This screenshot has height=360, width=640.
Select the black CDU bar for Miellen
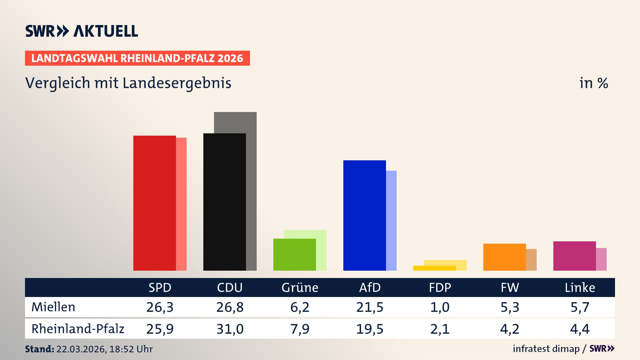(x=224, y=202)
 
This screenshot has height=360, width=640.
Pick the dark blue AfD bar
(x=364, y=215)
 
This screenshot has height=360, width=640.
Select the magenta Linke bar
(x=574, y=256)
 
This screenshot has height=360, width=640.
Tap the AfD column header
(x=370, y=287)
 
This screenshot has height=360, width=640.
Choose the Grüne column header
(x=300, y=287)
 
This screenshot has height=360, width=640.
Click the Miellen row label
(x=53, y=307)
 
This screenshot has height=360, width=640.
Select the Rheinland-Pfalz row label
(x=78, y=329)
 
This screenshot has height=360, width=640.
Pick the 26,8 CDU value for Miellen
(x=230, y=307)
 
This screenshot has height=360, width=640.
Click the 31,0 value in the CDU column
(x=230, y=329)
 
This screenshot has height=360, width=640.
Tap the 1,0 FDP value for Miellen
(x=440, y=307)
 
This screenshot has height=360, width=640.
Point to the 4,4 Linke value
(x=580, y=329)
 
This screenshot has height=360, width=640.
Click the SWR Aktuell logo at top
(x=82, y=31)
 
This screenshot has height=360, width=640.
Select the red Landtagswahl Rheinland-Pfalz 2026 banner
(x=137, y=58)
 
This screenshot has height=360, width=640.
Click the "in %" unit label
(x=593, y=83)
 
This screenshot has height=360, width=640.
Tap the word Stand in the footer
(x=39, y=349)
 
